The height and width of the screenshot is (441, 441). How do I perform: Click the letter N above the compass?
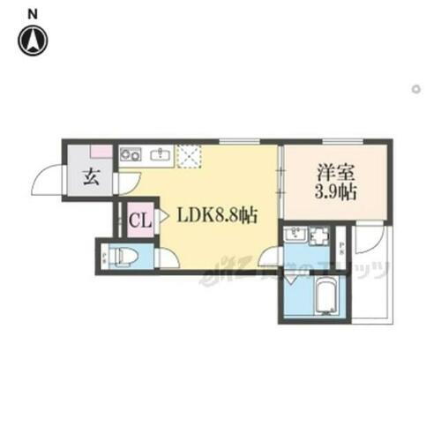tap(33, 13)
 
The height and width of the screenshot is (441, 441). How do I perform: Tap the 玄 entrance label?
tap(91, 175)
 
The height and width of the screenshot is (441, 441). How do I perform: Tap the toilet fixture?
tap(126, 256)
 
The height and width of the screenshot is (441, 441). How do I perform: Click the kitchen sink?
tap(161, 155)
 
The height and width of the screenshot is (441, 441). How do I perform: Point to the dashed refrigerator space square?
tap(191, 157)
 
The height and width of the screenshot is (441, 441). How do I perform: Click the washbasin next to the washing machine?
tap(295, 236)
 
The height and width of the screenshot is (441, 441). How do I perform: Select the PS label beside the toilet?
tap(105, 258)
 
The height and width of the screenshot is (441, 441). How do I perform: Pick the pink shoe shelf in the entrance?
tap(101, 152)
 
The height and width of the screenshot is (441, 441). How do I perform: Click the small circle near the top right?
tap(415, 88)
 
